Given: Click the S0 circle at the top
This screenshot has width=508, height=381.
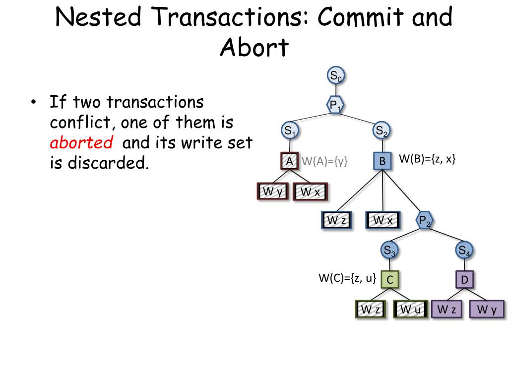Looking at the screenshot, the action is tap(336, 76).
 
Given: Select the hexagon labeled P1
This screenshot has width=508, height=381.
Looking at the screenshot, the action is tap(336, 105).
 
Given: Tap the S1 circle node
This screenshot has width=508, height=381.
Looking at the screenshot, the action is tap(289, 131).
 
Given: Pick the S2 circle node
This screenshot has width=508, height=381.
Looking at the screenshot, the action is tap(381, 130).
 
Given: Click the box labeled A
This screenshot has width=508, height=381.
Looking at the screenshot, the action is tap(289, 161).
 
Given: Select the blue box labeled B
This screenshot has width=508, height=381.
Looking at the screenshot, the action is tap(382, 161).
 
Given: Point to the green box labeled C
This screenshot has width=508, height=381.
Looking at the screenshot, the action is tap(389, 280).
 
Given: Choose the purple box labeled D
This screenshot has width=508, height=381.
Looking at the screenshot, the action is tap(464, 280).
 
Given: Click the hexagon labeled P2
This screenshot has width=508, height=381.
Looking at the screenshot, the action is tap(425, 220).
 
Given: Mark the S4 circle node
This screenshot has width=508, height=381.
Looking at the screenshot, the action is tap(464, 251).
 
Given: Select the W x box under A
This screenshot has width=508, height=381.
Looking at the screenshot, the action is tap(311, 191).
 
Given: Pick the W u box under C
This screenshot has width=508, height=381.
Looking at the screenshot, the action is tap(410, 310).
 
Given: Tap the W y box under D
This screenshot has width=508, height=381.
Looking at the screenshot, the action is tap(487, 310).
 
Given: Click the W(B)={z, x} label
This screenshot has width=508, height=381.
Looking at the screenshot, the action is tap(427, 159).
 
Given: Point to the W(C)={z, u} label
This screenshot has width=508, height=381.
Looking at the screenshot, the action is tap(347, 278).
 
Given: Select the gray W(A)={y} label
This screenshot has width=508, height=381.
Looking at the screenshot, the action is tap(325, 161).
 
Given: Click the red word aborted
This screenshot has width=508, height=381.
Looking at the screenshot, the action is tap(81, 143).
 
